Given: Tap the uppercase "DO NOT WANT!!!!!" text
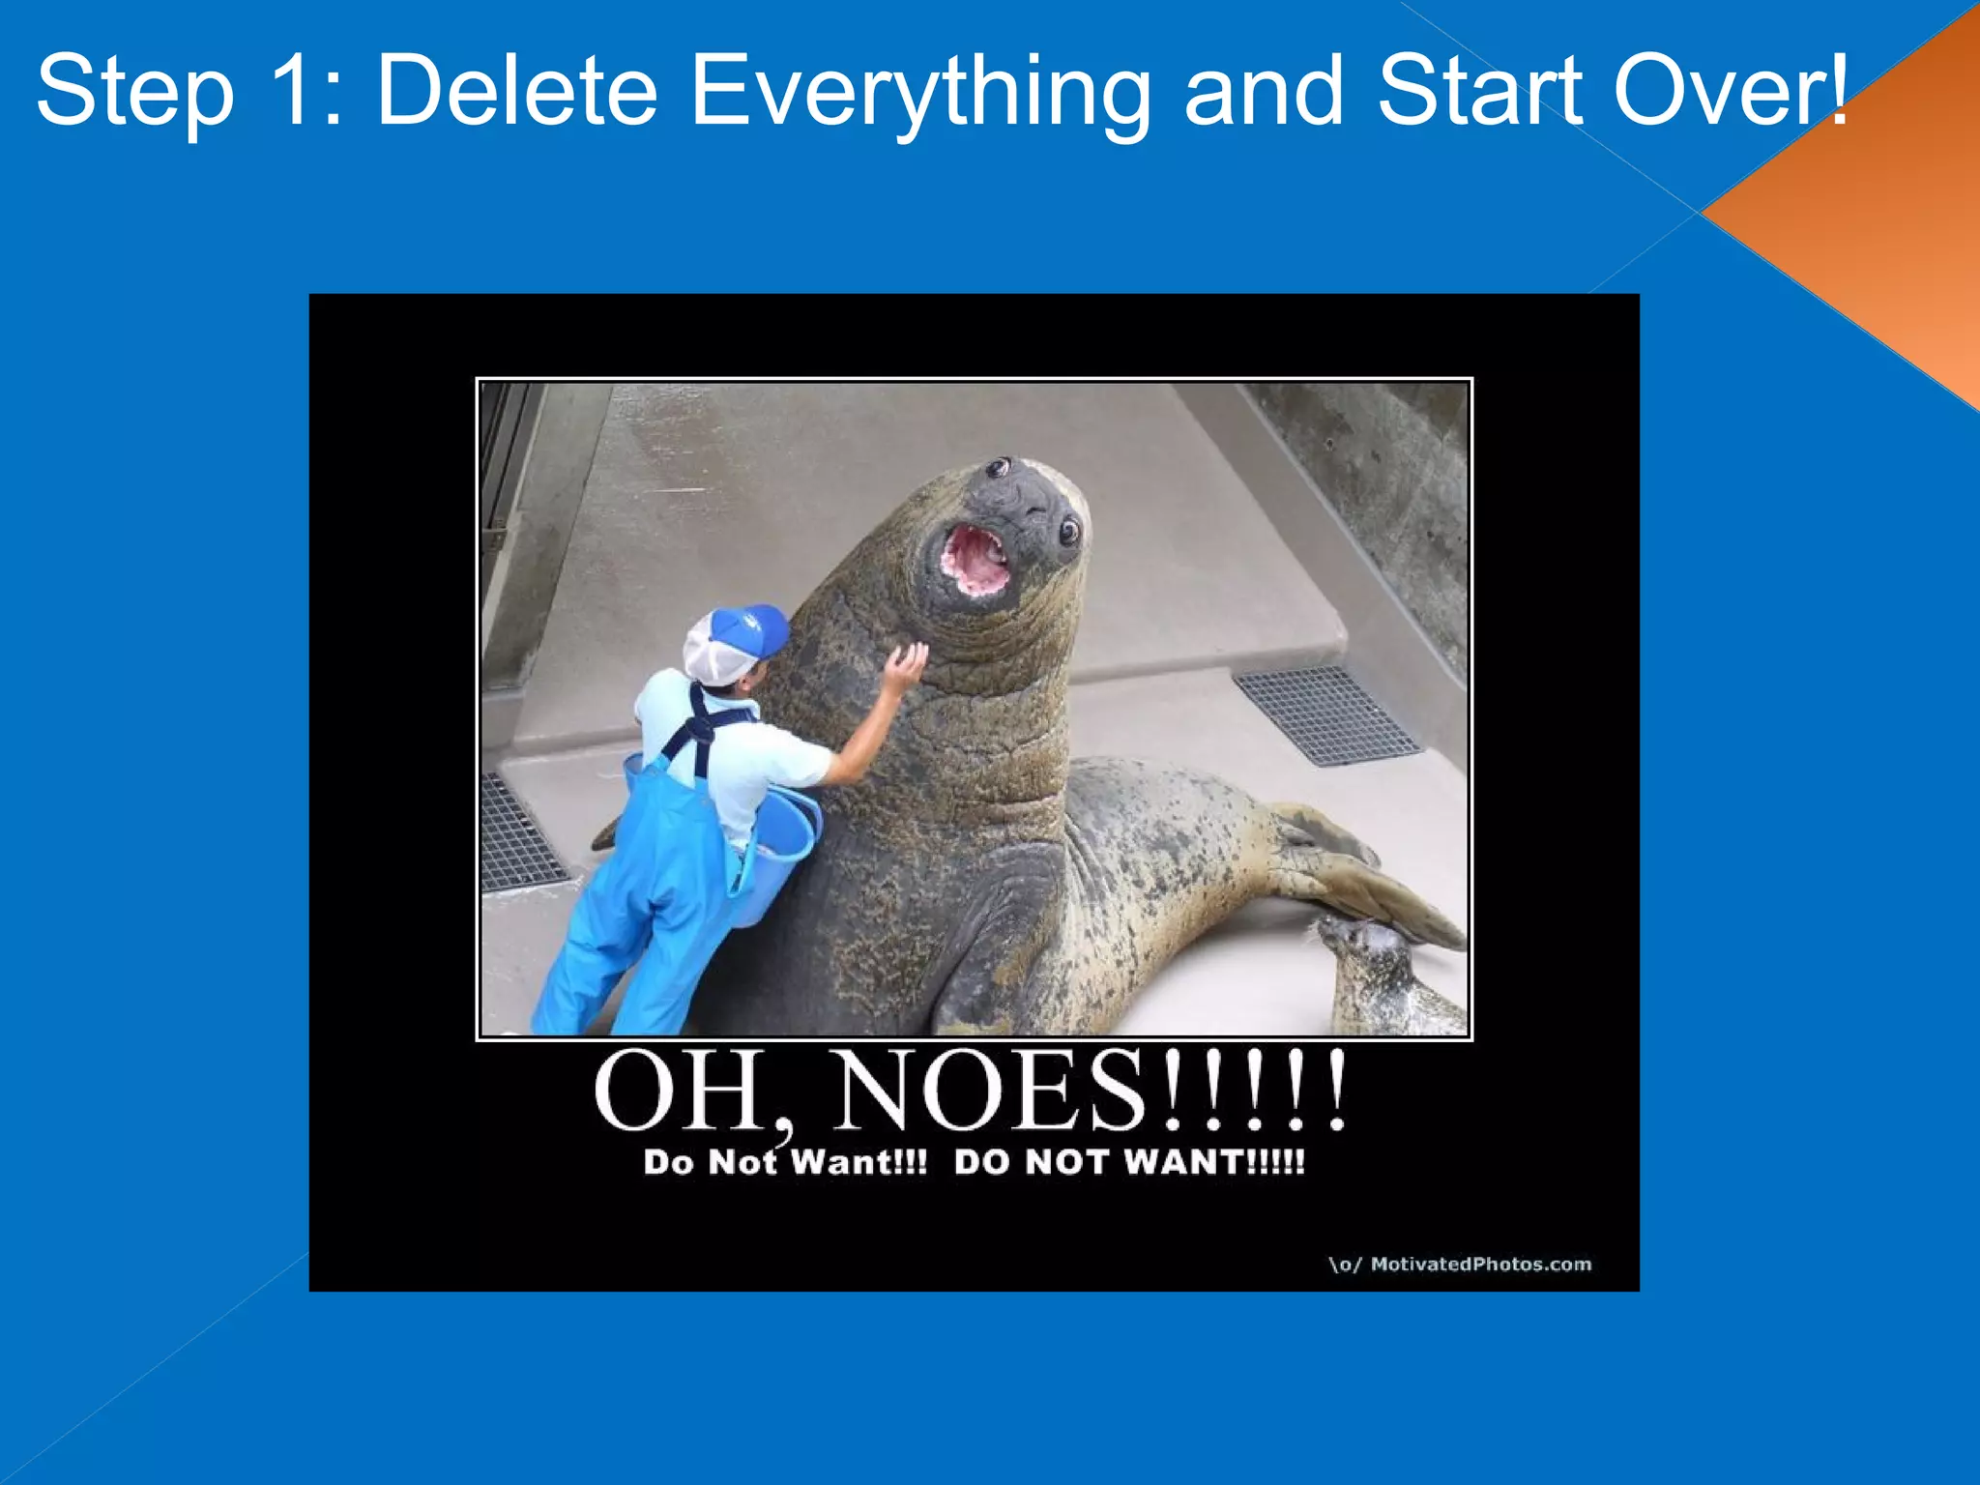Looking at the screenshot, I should click(1129, 1162).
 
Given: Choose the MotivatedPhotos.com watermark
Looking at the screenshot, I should click(1460, 1264).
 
